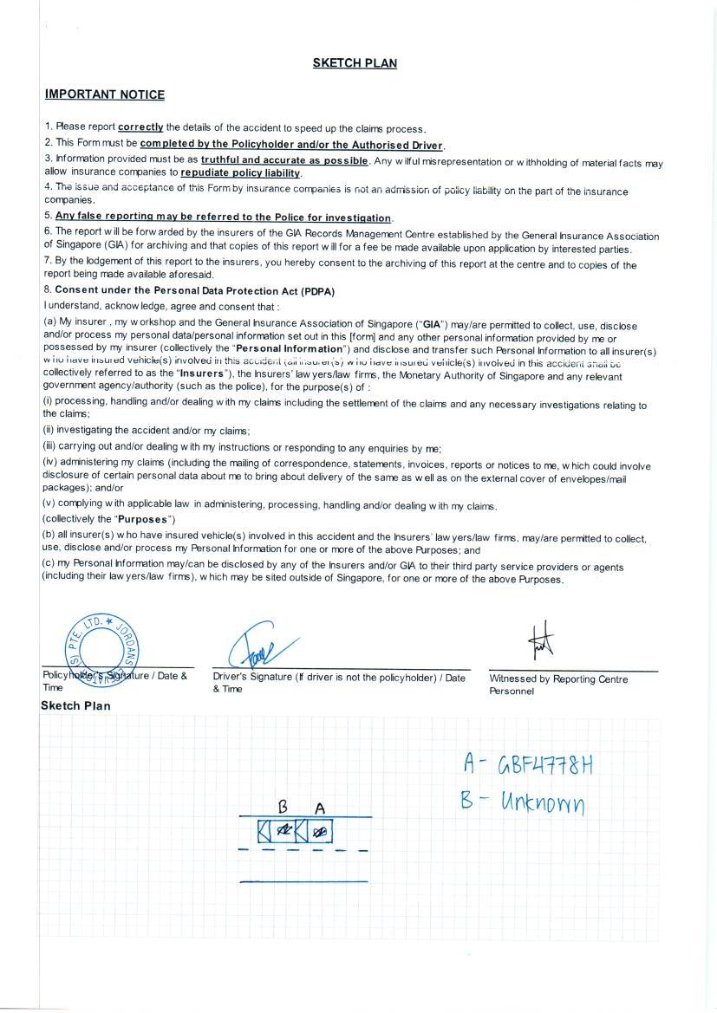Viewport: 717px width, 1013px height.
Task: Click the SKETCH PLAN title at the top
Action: coord(355,62)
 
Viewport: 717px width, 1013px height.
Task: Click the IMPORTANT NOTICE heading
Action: coord(104,94)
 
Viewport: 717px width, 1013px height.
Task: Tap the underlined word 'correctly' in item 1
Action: coord(140,127)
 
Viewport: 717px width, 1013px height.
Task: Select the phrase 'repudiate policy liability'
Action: coord(240,172)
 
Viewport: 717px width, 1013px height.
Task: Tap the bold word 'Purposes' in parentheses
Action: coord(144,519)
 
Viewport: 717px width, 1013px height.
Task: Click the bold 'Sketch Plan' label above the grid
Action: coord(75,705)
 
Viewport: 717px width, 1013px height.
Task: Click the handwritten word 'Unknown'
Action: coord(544,803)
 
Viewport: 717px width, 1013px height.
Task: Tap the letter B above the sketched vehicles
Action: coord(283,807)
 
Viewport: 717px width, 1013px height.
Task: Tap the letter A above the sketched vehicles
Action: coord(319,808)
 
